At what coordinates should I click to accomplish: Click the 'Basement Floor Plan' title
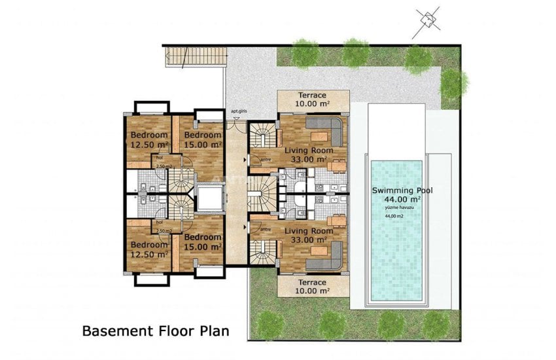156,331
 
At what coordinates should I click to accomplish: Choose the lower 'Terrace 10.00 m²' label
312,286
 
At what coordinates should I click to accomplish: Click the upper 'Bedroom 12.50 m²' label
149,140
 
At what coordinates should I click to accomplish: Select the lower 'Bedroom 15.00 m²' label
203,242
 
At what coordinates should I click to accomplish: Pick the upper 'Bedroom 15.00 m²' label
203,140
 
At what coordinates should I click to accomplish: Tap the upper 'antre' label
266,159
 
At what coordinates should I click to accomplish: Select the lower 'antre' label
266,229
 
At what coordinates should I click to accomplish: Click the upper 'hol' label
159,158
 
